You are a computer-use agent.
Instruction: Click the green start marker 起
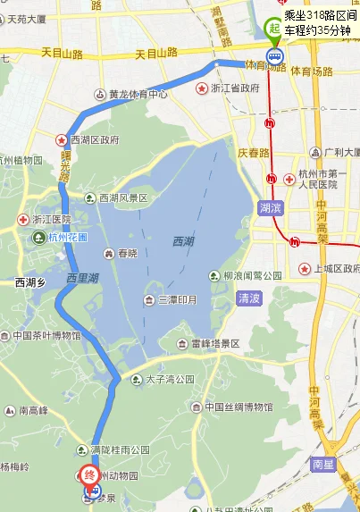click(273, 27)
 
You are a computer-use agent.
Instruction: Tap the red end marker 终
click(90, 475)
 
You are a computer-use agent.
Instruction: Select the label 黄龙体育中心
click(138, 94)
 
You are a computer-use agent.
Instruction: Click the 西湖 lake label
click(183, 241)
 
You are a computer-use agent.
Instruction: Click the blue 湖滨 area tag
click(270, 207)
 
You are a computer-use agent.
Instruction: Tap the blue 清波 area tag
click(249, 298)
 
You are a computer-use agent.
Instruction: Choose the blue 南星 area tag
click(324, 465)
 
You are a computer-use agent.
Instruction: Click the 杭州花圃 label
click(68, 238)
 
